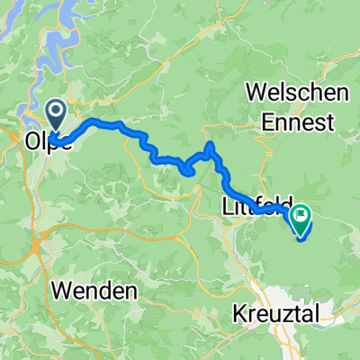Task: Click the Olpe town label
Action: (x=43, y=141)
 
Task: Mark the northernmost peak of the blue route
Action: (x=210, y=144)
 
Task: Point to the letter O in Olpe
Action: (x=30, y=141)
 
